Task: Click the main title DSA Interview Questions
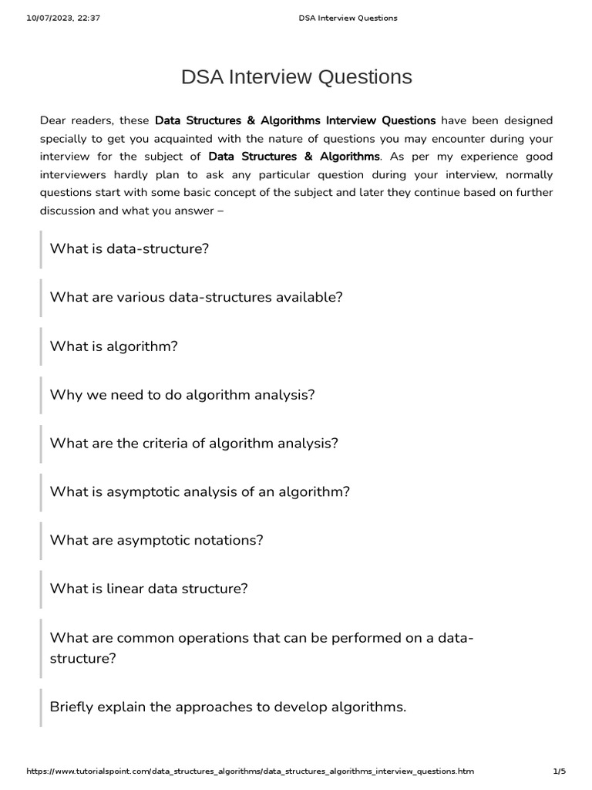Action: (x=296, y=77)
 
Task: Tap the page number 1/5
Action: (x=559, y=771)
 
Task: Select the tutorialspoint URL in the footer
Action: (x=251, y=771)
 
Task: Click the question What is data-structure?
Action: (x=129, y=249)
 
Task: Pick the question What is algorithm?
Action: (x=114, y=346)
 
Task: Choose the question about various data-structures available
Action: (x=196, y=298)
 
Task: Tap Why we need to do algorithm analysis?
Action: (x=183, y=395)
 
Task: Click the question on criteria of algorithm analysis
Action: (x=194, y=444)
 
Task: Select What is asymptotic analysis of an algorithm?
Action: (x=200, y=492)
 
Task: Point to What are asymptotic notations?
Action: (x=156, y=540)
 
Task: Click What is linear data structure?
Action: (x=149, y=589)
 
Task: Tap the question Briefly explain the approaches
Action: (x=227, y=707)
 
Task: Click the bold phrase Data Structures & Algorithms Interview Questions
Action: (x=295, y=120)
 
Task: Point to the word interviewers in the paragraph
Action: (x=76, y=174)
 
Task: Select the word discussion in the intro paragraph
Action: (x=69, y=209)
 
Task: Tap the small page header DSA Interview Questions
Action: (x=348, y=18)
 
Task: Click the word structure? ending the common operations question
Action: (x=82, y=659)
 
